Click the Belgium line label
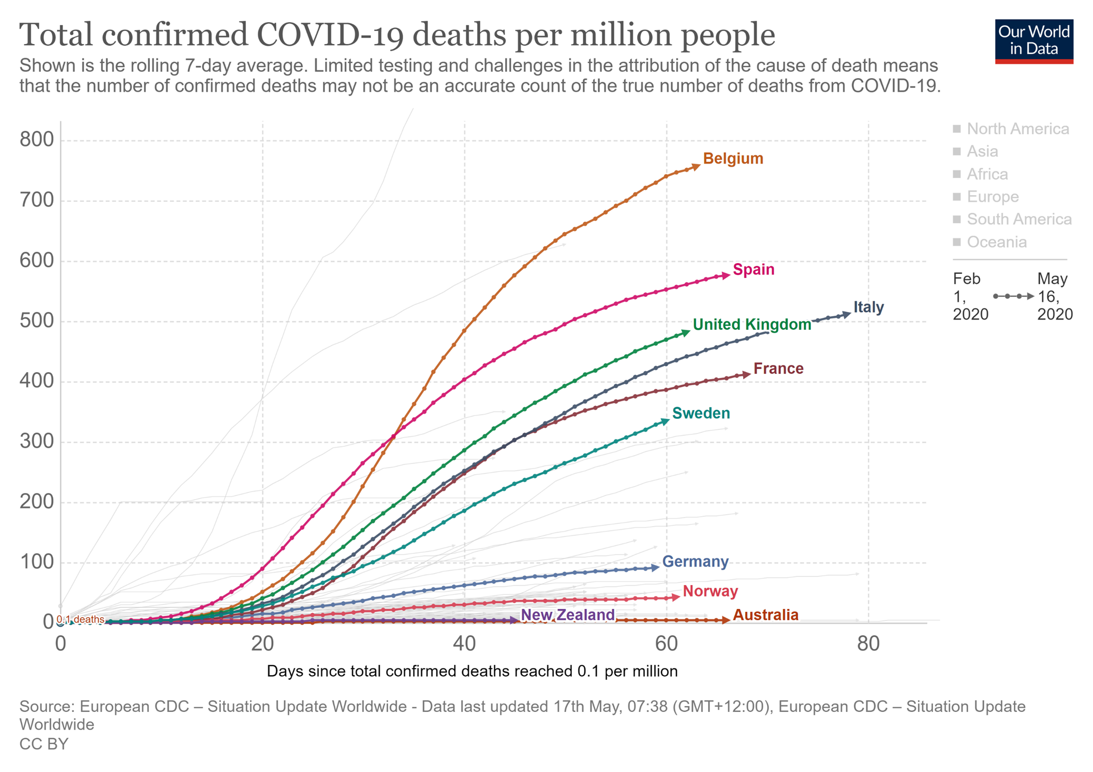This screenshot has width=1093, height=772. click(733, 158)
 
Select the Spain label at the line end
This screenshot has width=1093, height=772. click(754, 269)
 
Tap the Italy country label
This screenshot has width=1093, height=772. click(868, 307)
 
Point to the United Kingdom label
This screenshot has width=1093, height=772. click(751, 325)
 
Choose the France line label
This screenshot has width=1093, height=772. click(778, 368)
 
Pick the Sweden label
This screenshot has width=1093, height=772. click(701, 413)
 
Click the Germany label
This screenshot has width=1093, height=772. click(695, 561)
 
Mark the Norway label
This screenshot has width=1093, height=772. click(710, 591)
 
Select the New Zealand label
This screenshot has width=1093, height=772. click(567, 615)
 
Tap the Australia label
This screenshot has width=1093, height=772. click(765, 615)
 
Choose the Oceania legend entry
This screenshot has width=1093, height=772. click(996, 242)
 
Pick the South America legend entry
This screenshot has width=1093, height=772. click(1018, 219)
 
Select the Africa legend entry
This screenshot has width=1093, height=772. click(987, 174)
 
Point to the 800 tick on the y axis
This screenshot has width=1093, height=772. click(37, 139)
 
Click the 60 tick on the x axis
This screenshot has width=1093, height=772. click(666, 644)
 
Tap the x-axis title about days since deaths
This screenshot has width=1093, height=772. click(472, 671)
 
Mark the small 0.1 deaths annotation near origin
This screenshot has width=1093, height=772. click(80, 619)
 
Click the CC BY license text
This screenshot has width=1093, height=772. click(44, 744)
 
